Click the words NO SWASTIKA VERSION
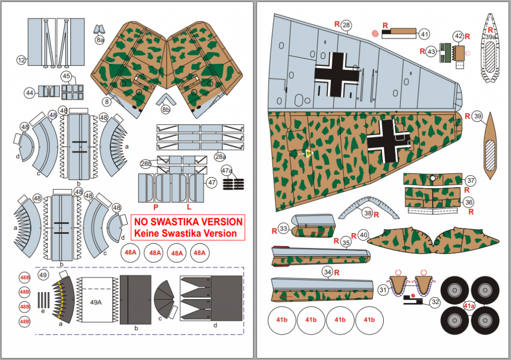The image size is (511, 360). coord(188,222)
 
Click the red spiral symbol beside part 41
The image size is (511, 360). coord(375,33)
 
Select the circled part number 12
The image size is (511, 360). coord(21,60)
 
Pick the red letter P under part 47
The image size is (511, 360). coord(156,206)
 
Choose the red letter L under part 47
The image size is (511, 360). coord(189,206)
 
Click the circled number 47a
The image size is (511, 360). coord(227,171)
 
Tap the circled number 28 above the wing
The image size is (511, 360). coord(346,25)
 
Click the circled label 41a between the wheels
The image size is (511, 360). coord(469,306)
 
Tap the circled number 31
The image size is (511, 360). coord(383,290)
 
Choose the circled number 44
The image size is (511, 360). coord(30,92)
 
